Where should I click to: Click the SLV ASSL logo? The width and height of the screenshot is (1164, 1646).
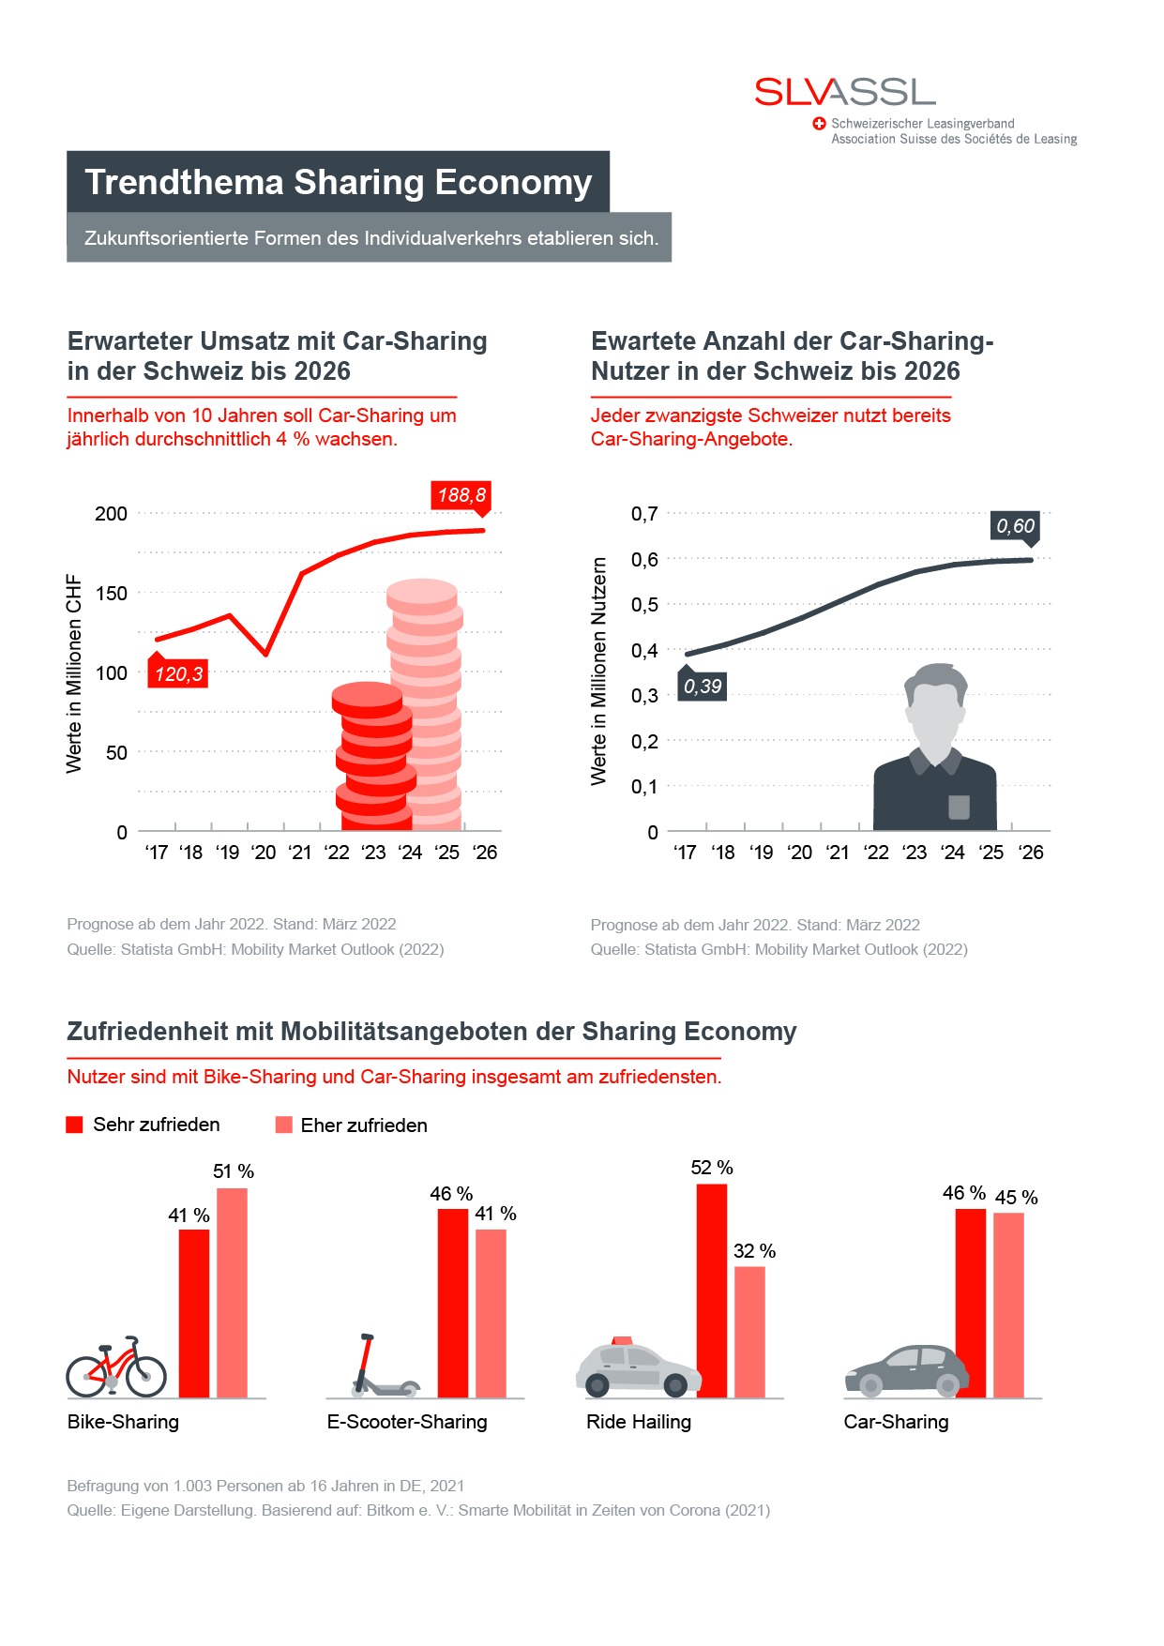844,92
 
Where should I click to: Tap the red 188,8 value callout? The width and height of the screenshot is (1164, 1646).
461,495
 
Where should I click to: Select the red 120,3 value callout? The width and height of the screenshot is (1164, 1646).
178,673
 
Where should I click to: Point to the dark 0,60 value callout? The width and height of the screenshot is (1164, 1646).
1016,526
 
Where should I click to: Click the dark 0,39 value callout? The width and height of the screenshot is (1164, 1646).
703,687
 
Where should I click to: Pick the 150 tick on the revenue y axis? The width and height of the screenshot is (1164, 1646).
111,594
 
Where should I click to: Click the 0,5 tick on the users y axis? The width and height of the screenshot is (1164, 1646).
644,605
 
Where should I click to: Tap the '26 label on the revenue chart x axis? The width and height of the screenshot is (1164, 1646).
485,853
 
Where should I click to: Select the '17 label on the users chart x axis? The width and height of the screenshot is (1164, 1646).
685,853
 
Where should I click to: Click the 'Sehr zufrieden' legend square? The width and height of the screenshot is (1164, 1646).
75,1125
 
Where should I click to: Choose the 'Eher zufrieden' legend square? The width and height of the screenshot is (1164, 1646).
284,1125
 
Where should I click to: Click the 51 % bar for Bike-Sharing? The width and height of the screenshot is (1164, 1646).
233,1292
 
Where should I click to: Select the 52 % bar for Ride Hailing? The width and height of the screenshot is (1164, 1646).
712,1290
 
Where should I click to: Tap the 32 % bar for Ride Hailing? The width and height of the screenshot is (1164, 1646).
750,1332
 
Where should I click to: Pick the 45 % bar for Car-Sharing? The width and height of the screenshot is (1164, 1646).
1009,1305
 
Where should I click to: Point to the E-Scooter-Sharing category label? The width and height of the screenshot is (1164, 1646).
407,1422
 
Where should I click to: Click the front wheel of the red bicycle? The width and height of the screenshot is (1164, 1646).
145,1377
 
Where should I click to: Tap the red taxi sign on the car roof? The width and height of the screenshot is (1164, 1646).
621,1340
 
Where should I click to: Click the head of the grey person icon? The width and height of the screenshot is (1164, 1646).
935,708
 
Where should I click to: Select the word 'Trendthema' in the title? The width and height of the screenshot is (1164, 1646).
184,182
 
